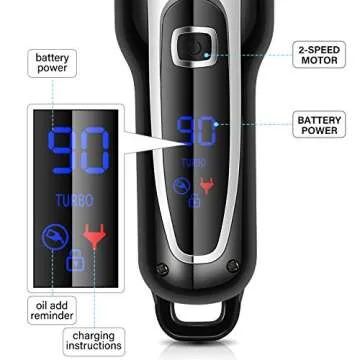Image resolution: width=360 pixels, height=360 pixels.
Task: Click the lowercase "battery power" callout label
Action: click(x=52, y=64)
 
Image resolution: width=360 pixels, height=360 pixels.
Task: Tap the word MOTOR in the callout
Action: click(x=320, y=61)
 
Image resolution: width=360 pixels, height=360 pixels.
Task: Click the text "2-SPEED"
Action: click(x=320, y=47)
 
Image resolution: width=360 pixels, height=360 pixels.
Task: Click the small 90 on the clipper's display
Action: click(x=197, y=132)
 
